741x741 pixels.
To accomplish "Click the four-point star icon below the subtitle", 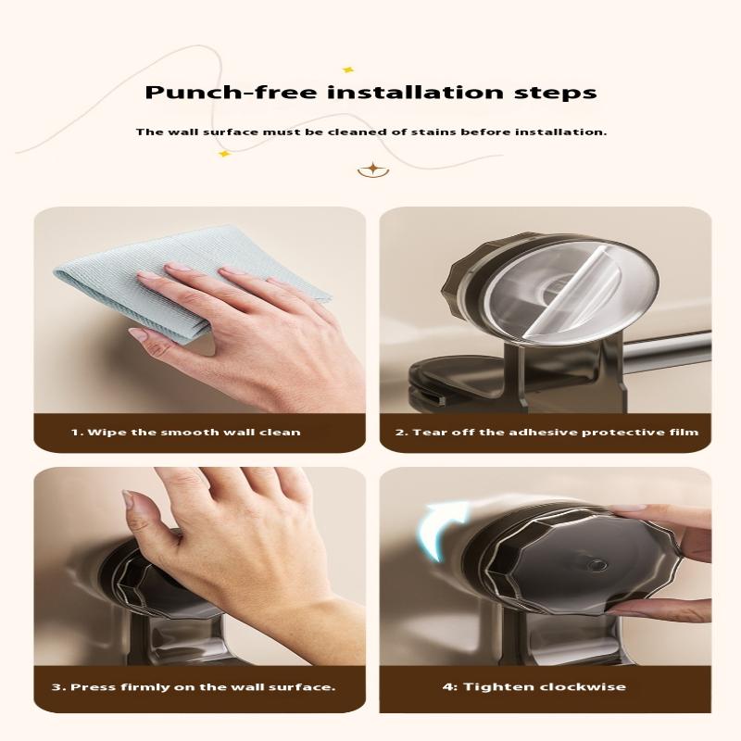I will pyautogui.click(x=371, y=169).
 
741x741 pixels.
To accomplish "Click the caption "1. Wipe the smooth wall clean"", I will pyautogui.click(x=186, y=433).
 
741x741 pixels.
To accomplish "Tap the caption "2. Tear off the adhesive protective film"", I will pyautogui.click(x=546, y=433).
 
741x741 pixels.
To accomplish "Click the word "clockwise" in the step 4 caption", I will pyautogui.click(x=584, y=686).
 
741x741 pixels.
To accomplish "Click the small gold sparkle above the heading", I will pyautogui.click(x=348, y=69).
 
